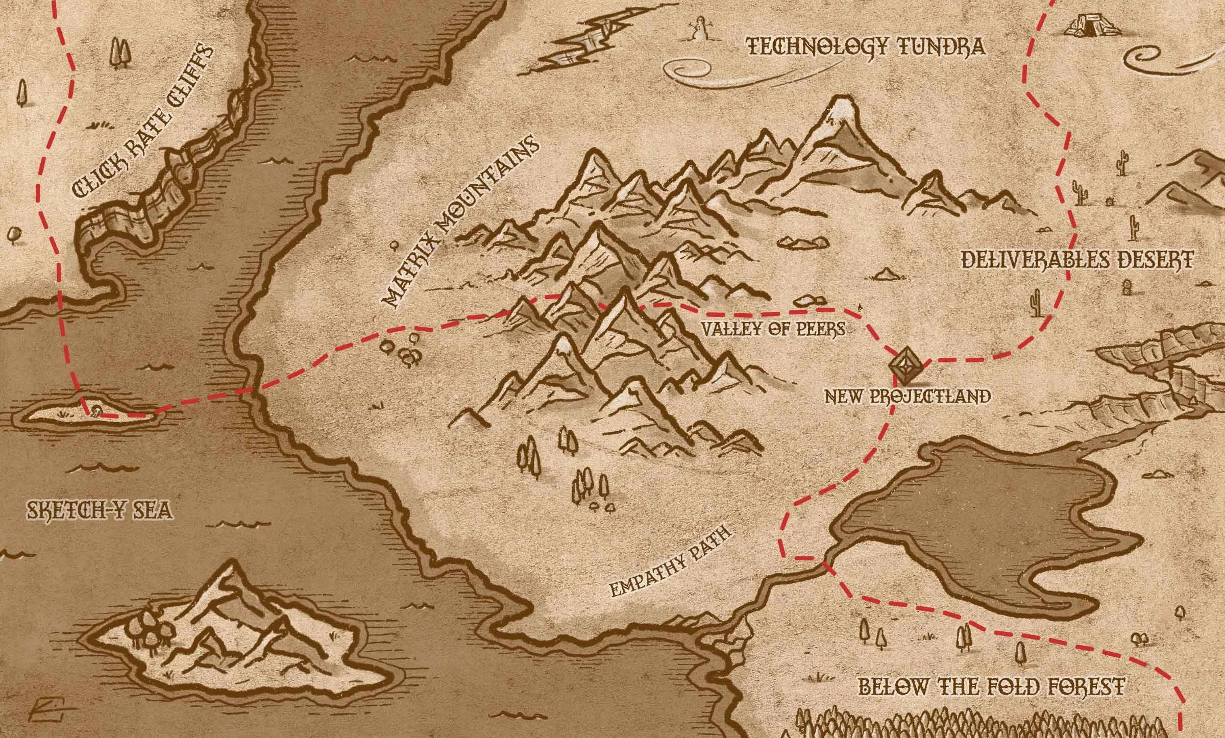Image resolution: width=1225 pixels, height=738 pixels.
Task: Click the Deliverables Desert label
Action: tap(1077, 259)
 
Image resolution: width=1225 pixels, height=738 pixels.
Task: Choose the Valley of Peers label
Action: tap(773, 329)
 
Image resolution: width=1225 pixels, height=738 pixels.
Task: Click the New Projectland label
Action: tap(908, 396)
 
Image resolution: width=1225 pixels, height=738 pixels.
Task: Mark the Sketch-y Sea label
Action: tap(99, 510)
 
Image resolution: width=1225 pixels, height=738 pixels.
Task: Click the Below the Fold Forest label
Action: tap(992, 686)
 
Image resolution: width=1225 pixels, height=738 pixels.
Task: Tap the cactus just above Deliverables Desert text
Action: tap(1135, 228)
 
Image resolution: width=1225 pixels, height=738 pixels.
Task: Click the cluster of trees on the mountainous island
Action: tap(153, 633)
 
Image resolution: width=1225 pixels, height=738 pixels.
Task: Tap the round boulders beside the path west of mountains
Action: tap(403, 350)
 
